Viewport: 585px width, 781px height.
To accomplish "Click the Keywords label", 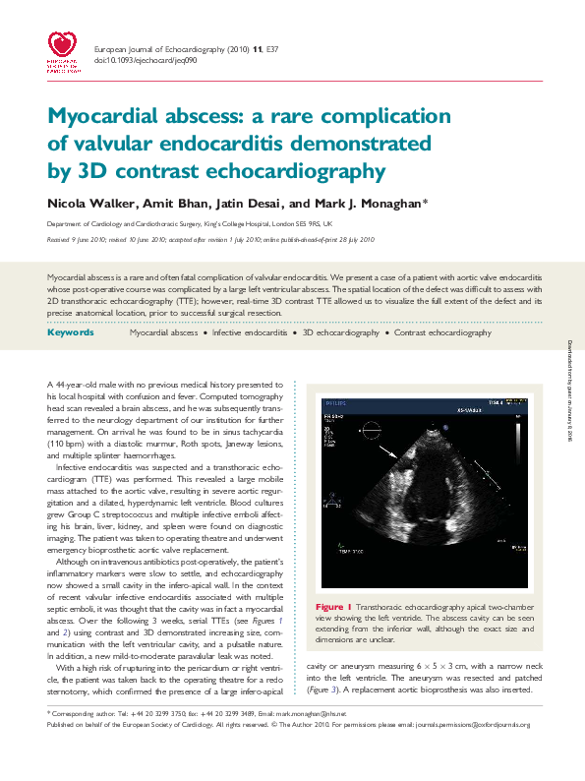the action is click(x=70, y=333).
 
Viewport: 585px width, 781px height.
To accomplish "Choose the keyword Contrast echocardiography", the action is click(x=442, y=333).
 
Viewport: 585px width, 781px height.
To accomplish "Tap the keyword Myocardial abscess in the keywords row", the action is click(x=163, y=333).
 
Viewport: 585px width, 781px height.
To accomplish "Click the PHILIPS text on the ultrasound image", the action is click(x=333, y=401).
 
